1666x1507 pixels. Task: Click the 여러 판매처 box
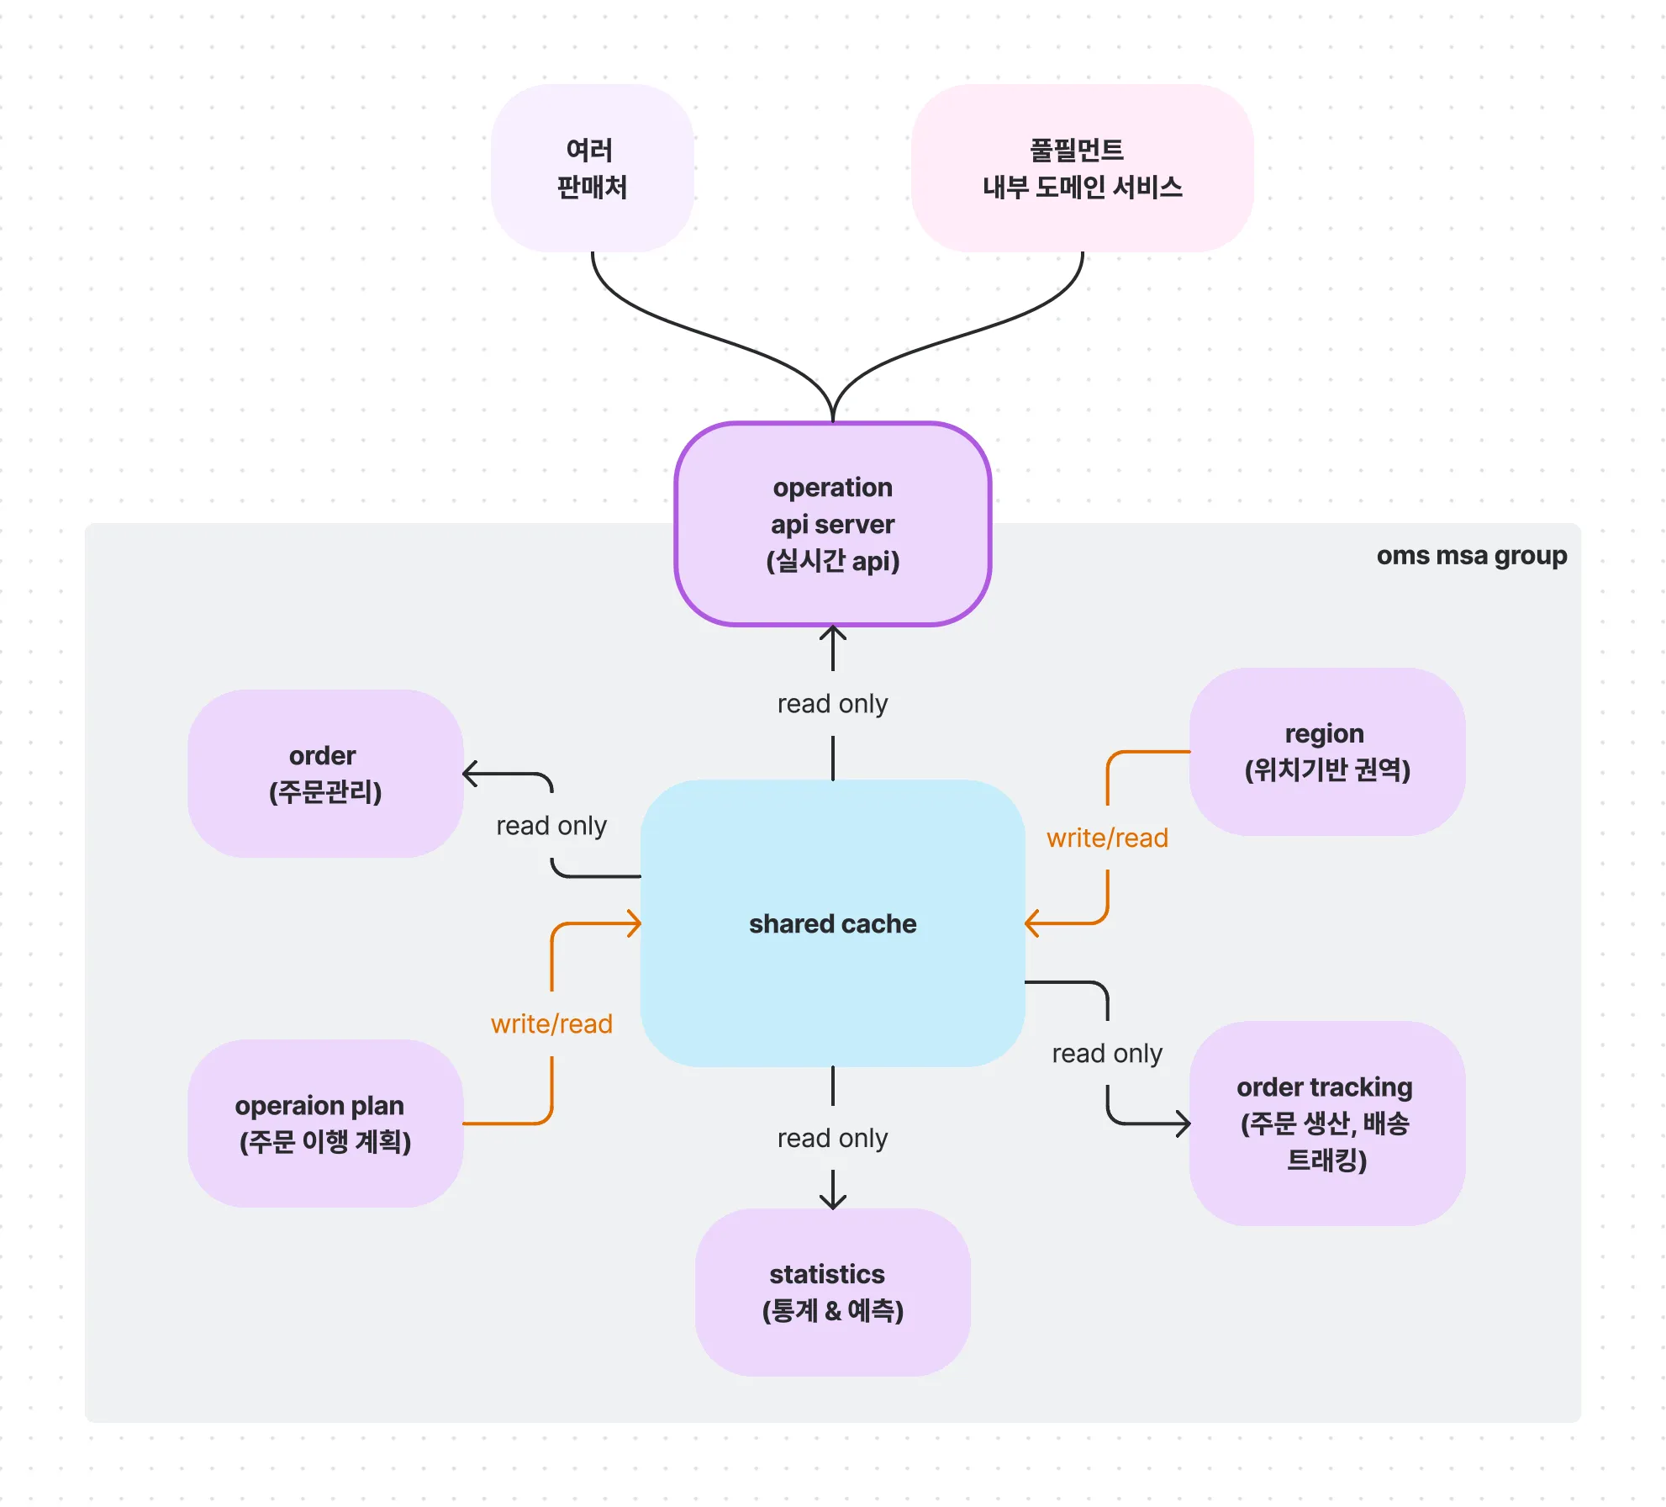pos(592,168)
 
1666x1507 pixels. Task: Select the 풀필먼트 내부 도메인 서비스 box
pos(1082,168)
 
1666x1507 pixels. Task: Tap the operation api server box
pos(832,524)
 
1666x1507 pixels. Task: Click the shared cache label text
pos(832,923)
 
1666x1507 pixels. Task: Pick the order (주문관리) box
pos(325,774)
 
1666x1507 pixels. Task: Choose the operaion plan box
pos(325,1124)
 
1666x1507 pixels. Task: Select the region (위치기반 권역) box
pos(1326,752)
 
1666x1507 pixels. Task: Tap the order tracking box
pos(1326,1124)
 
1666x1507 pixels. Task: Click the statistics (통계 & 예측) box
pos(832,1293)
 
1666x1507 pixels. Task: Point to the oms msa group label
pos(1471,556)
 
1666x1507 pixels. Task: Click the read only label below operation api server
pos(832,704)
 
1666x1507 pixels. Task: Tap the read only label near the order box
pos(551,826)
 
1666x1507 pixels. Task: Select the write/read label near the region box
pos(1107,838)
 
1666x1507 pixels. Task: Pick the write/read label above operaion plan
pos(551,1023)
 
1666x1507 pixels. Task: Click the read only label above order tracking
pos(1107,1053)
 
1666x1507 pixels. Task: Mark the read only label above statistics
pos(832,1138)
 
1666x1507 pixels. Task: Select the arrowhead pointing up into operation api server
pos(832,632)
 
